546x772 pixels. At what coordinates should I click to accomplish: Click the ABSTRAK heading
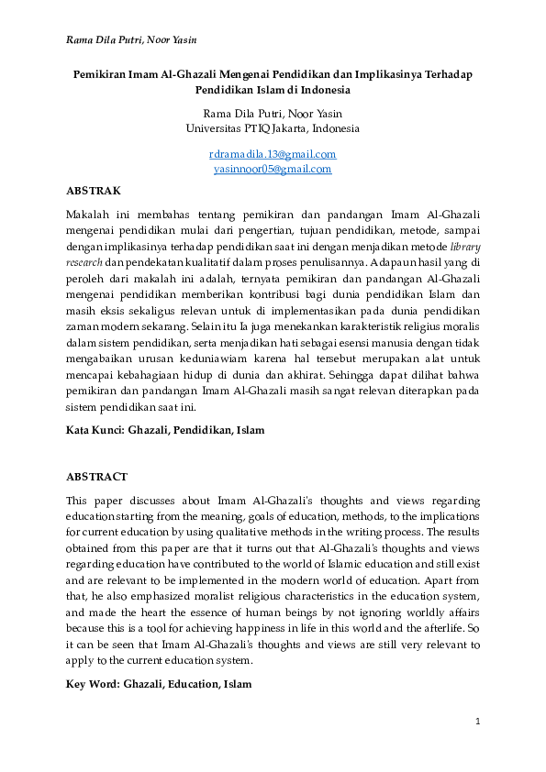click(95, 191)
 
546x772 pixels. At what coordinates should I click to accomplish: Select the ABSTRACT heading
click(97, 477)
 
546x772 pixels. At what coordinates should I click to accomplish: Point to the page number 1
click(477, 722)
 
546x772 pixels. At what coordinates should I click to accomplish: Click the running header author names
click(131, 39)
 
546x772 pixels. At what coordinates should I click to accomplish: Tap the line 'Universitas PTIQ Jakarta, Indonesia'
click(273, 128)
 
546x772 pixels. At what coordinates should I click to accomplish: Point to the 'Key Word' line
click(159, 685)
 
